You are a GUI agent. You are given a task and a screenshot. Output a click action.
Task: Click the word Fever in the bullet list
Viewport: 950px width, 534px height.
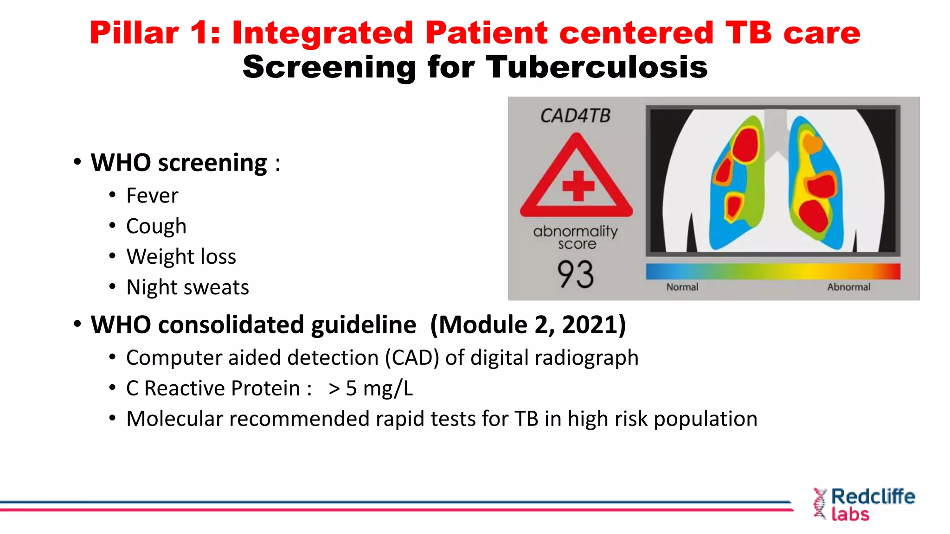(152, 196)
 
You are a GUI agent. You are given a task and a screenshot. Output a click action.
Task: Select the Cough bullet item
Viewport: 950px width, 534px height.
(156, 226)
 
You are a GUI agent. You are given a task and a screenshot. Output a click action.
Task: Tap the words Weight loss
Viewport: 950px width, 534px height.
(181, 257)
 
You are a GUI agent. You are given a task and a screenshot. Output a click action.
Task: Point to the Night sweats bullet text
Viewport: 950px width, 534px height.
(187, 287)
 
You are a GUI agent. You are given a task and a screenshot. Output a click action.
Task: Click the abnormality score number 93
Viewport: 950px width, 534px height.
(575, 274)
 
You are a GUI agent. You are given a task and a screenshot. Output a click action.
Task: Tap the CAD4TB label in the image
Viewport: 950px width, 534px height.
(575, 116)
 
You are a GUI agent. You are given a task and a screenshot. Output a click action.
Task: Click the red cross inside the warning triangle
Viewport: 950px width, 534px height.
(578, 186)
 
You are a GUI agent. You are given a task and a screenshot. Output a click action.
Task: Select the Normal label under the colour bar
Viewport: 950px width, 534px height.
(682, 287)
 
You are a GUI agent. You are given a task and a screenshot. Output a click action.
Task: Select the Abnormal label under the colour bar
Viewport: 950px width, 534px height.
(848, 287)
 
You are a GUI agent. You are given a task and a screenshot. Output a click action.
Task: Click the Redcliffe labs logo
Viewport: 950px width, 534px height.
(864, 505)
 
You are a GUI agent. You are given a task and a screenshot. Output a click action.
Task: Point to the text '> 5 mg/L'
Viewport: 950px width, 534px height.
(370, 388)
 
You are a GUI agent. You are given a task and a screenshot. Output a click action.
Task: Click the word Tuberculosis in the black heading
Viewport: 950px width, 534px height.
(597, 67)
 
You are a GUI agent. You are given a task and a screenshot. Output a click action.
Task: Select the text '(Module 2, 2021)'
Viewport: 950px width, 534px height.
(528, 324)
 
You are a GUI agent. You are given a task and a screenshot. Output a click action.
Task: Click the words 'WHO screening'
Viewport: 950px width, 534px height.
(179, 163)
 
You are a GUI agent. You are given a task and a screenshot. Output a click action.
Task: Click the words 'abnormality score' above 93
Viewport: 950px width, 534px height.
(576, 237)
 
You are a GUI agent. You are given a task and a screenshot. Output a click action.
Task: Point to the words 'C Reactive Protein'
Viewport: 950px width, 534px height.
(213, 388)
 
